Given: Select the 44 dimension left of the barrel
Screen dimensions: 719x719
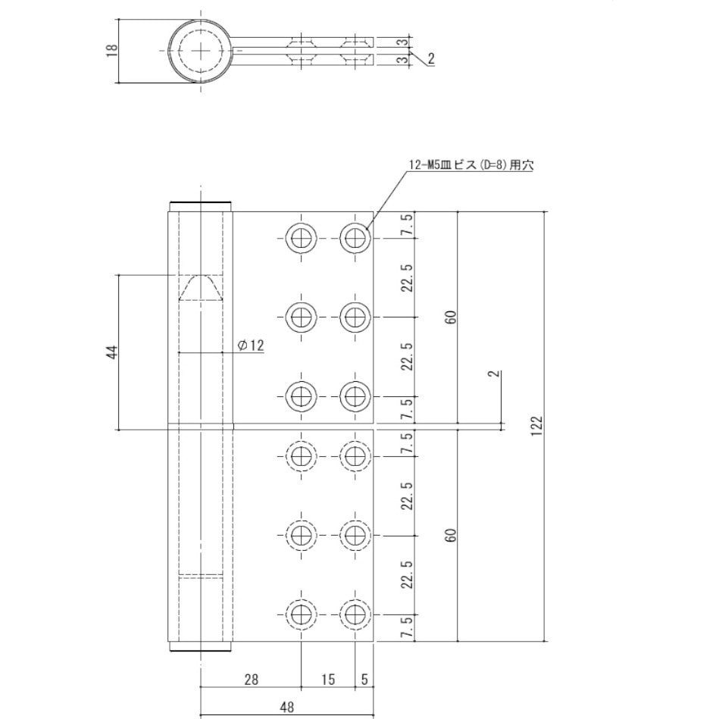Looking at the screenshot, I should pyautogui.click(x=112, y=352).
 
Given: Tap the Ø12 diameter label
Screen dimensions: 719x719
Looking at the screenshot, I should pyautogui.click(x=250, y=345).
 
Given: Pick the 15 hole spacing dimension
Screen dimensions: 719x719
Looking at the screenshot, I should pyautogui.click(x=327, y=680).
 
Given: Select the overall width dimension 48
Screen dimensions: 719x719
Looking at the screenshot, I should pyautogui.click(x=286, y=708).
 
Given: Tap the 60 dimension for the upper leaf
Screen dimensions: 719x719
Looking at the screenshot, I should pyautogui.click(x=451, y=317).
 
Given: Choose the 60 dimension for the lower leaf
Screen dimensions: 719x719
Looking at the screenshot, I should pyautogui.click(x=451, y=535).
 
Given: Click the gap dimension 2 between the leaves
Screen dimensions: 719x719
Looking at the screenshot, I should pyautogui.click(x=493, y=375).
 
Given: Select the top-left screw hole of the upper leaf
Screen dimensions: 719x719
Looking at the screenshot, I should pyautogui.click(x=302, y=239).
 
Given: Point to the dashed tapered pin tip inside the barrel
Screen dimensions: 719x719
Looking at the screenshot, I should pyautogui.click(x=200, y=288).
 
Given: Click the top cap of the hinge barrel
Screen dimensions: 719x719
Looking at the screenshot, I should pyautogui.click(x=200, y=206).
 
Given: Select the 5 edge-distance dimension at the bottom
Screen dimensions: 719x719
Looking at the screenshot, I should pyautogui.click(x=364, y=680).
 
